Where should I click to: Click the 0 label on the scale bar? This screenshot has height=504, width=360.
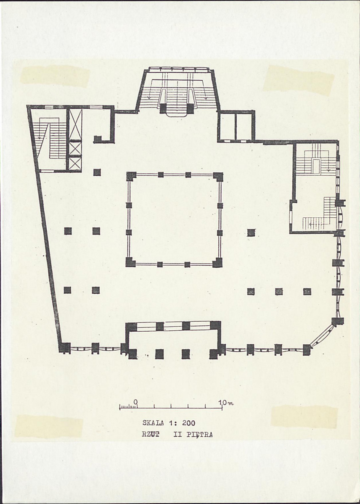(x=135, y=402)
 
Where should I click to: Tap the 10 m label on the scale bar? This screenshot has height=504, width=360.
(x=225, y=402)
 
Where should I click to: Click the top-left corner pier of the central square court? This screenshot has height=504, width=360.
(x=131, y=176)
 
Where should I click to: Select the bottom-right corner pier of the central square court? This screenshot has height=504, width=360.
(x=217, y=263)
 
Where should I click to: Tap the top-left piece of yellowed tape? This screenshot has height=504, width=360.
(x=55, y=76)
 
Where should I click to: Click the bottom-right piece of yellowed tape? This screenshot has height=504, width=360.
(x=304, y=417)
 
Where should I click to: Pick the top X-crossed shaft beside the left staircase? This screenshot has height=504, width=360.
(x=76, y=124)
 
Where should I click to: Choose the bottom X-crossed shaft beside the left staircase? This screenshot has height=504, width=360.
(x=76, y=164)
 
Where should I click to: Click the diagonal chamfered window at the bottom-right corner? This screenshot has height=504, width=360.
(x=322, y=336)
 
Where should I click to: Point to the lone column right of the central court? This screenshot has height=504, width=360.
(x=251, y=232)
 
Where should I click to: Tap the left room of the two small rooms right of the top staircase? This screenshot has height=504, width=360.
(x=228, y=127)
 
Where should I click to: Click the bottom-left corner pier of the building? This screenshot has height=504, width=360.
(x=65, y=348)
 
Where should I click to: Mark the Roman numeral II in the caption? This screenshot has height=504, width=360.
(x=178, y=435)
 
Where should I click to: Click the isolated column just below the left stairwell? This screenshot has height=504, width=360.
(x=97, y=172)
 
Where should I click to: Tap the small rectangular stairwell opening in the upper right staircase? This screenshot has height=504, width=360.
(x=316, y=166)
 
